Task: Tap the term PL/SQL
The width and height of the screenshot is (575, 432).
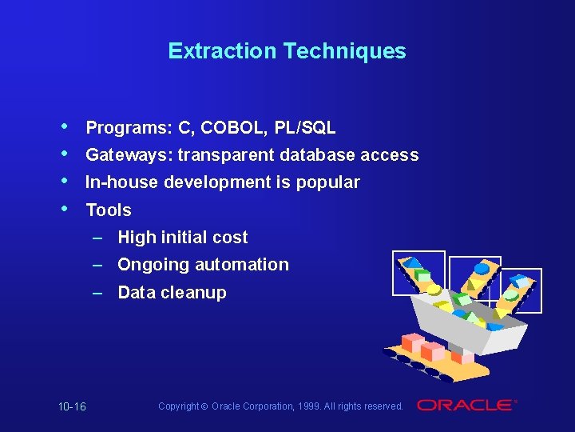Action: click(304, 128)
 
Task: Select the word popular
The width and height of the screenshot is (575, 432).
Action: click(328, 182)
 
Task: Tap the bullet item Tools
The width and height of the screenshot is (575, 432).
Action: click(109, 210)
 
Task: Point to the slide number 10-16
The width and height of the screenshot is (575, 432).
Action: click(72, 407)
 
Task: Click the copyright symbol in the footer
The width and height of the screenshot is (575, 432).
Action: click(205, 406)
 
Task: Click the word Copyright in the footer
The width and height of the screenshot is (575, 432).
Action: click(179, 406)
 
